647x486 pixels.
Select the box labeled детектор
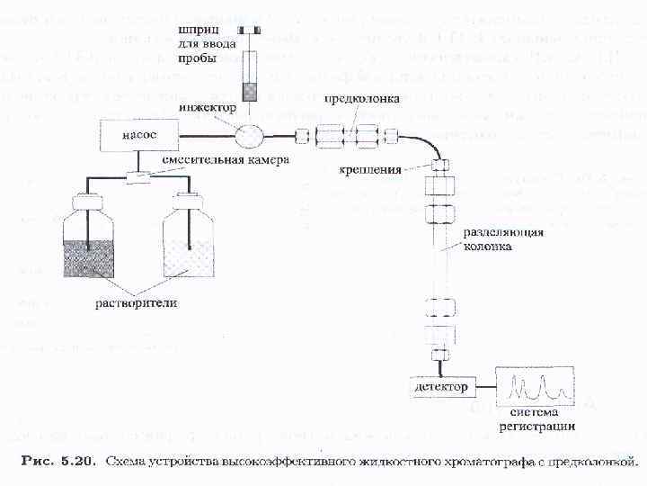(x=441, y=388)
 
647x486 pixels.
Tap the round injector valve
(x=251, y=137)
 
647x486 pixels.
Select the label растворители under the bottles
(x=137, y=302)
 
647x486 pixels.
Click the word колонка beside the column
(x=488, y=245)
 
